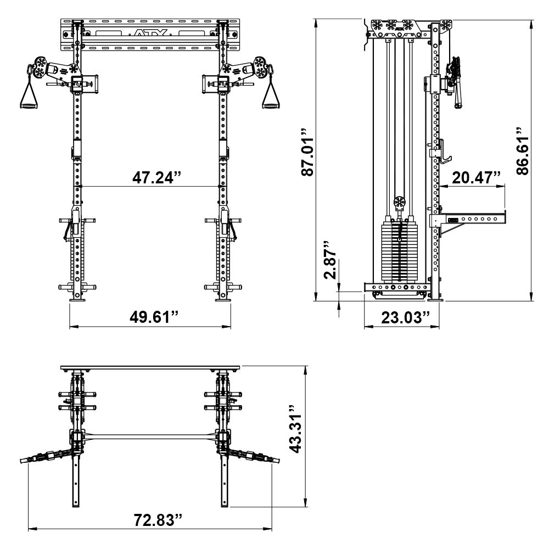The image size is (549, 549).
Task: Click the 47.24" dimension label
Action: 156,177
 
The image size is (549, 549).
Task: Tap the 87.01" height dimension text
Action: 308,153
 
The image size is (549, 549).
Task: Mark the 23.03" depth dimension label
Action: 402,317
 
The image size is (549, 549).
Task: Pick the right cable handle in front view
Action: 270,99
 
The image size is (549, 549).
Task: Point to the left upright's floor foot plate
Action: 77,300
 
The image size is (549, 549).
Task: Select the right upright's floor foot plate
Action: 223,300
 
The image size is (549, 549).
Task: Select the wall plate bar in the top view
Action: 150,367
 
